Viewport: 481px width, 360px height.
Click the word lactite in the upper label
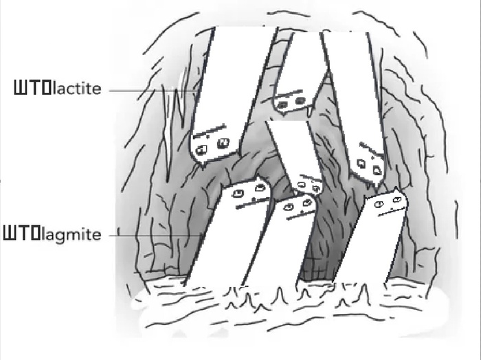click(x=77, y=89)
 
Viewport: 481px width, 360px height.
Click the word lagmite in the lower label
click(x=71, y=235)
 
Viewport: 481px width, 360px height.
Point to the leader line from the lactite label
click(x=153, y=91)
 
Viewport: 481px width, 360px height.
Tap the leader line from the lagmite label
click(x=155, y=236)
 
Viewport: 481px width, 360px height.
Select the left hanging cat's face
click(x=213, y=143)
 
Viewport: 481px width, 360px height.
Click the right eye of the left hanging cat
click(x=223, y=143)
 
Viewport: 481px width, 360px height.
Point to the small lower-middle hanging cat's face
click(x=309, y=185)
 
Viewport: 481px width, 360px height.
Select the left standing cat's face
click(x=249, y=194)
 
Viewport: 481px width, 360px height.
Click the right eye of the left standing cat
click(x=260, y=188)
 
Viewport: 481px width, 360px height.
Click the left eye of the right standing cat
click(x=379, y=204)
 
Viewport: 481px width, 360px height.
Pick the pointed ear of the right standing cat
click(x=396, y=191)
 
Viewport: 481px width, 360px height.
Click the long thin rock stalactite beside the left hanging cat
click(x=168, y=132)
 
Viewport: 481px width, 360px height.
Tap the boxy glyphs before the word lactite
click(x=32, y=87)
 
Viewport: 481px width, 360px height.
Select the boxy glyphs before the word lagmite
click(x=22, y=233)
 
